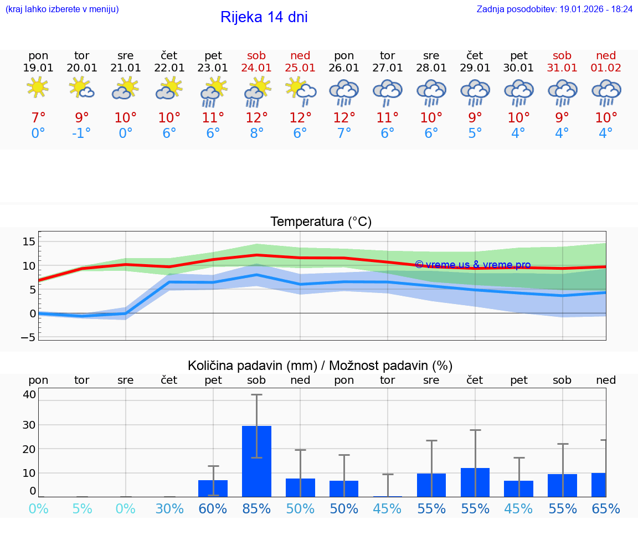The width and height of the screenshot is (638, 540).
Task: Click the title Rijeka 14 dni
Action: click(264, 17)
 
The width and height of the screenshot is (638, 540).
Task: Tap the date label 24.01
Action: click(256, 68)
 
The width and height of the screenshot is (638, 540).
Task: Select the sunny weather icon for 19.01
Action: click(38, 88)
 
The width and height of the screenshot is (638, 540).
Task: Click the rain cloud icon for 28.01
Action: click(431, 92)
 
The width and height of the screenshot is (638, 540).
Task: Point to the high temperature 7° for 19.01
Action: click(38, 118)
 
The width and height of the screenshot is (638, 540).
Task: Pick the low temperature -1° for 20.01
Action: click(81, 133)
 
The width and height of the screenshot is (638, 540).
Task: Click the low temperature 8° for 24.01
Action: click(256, 133)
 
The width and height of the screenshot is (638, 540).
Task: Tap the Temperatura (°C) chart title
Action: click(321, 222)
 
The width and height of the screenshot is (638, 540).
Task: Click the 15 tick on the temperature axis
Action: click(29, 241)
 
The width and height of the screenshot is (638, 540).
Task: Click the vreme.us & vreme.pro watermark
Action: click(472, 265)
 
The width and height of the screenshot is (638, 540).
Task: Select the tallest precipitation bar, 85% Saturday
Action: click(256, 461)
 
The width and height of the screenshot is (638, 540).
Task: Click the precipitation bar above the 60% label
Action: click(213, 488)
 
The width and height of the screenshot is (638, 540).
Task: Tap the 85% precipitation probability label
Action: click(256, 508)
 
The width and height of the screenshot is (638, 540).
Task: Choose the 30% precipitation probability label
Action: click(169, 508)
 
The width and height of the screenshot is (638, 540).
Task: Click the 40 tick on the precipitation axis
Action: click(29, 394)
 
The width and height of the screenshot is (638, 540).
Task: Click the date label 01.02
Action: click(606, 68)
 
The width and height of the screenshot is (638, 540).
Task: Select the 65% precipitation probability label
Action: click(606, 508)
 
